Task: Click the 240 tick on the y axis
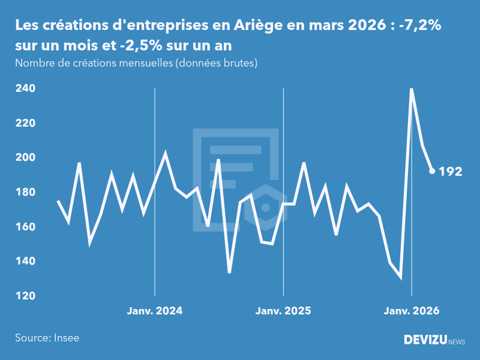25,88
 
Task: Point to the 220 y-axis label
25,123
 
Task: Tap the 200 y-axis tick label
25,157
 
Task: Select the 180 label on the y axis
25,192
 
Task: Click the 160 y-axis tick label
25,227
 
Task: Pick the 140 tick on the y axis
25,262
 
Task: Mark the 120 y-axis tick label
25,296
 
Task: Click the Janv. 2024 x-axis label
155,311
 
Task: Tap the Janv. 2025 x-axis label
283,311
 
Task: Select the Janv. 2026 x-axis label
412,311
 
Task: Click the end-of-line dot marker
432,171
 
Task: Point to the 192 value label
451,172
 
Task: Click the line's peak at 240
412,89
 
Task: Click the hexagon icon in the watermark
266,207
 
